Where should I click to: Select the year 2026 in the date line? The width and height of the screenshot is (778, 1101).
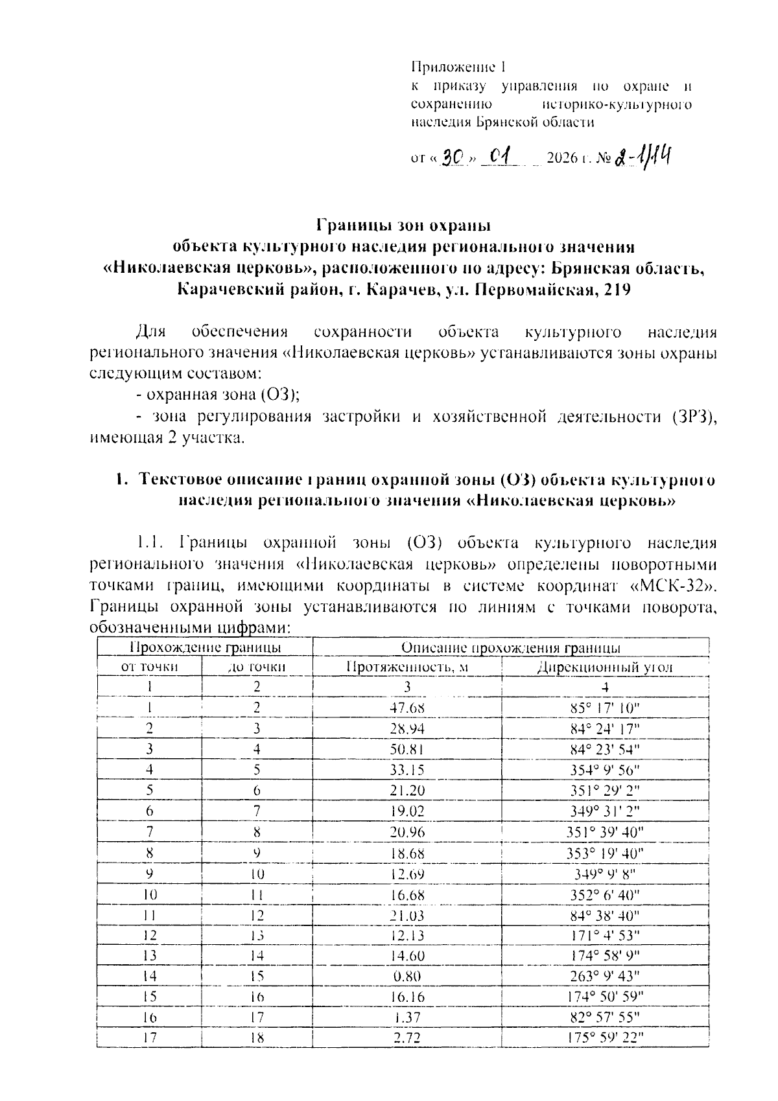pyautogui.click(x=562, y=158)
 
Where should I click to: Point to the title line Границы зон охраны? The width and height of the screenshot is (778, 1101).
pyautogui.click(x=403, y=226)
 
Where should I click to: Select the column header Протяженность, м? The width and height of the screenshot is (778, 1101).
pyautogui.click(x=407, y=667)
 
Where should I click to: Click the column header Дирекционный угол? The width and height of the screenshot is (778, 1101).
pyautogui.click(x=605, y=667)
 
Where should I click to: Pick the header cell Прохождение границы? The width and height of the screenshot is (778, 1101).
pyautogui.click(x=205, y=647)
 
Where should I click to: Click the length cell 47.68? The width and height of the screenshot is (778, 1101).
pyautogui.click(x=407, y=707)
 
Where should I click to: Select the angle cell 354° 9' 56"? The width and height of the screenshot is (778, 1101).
pyautogui.click(x=605, y=770)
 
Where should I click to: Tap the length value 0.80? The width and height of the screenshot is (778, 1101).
pyautogui.click(x=407, y=976)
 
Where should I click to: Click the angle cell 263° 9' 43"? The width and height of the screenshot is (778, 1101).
pyautogui.click(x=605, y=976)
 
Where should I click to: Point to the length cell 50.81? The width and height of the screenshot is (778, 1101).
pyautogui.click(x=407, y=749)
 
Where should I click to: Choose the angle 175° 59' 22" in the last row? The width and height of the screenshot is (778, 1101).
pyautogui.click(x=605, y=1037)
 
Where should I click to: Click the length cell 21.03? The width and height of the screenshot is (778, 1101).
pyautogui.click(x=407, y=915)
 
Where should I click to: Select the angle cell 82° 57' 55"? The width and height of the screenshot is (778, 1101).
pyautogui.click(x=605, y=1017)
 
